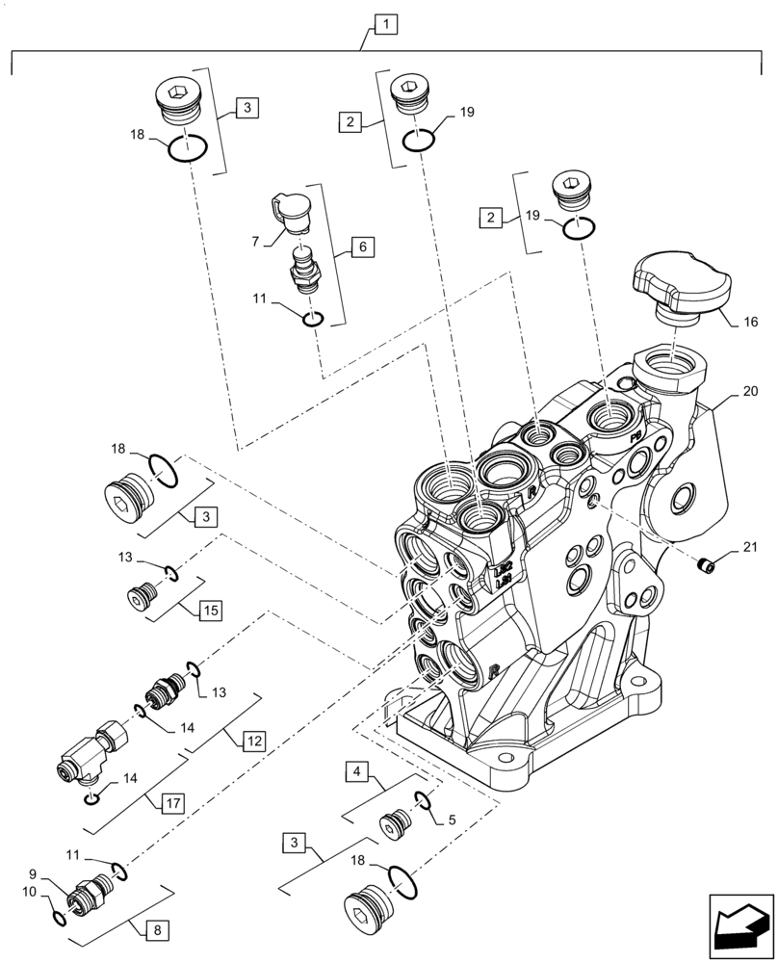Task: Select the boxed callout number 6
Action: (x=362, y=247)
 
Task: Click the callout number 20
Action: (x=750, y=392)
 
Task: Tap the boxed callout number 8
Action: (x=154, y=930)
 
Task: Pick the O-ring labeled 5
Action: (x=423, y=797)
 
